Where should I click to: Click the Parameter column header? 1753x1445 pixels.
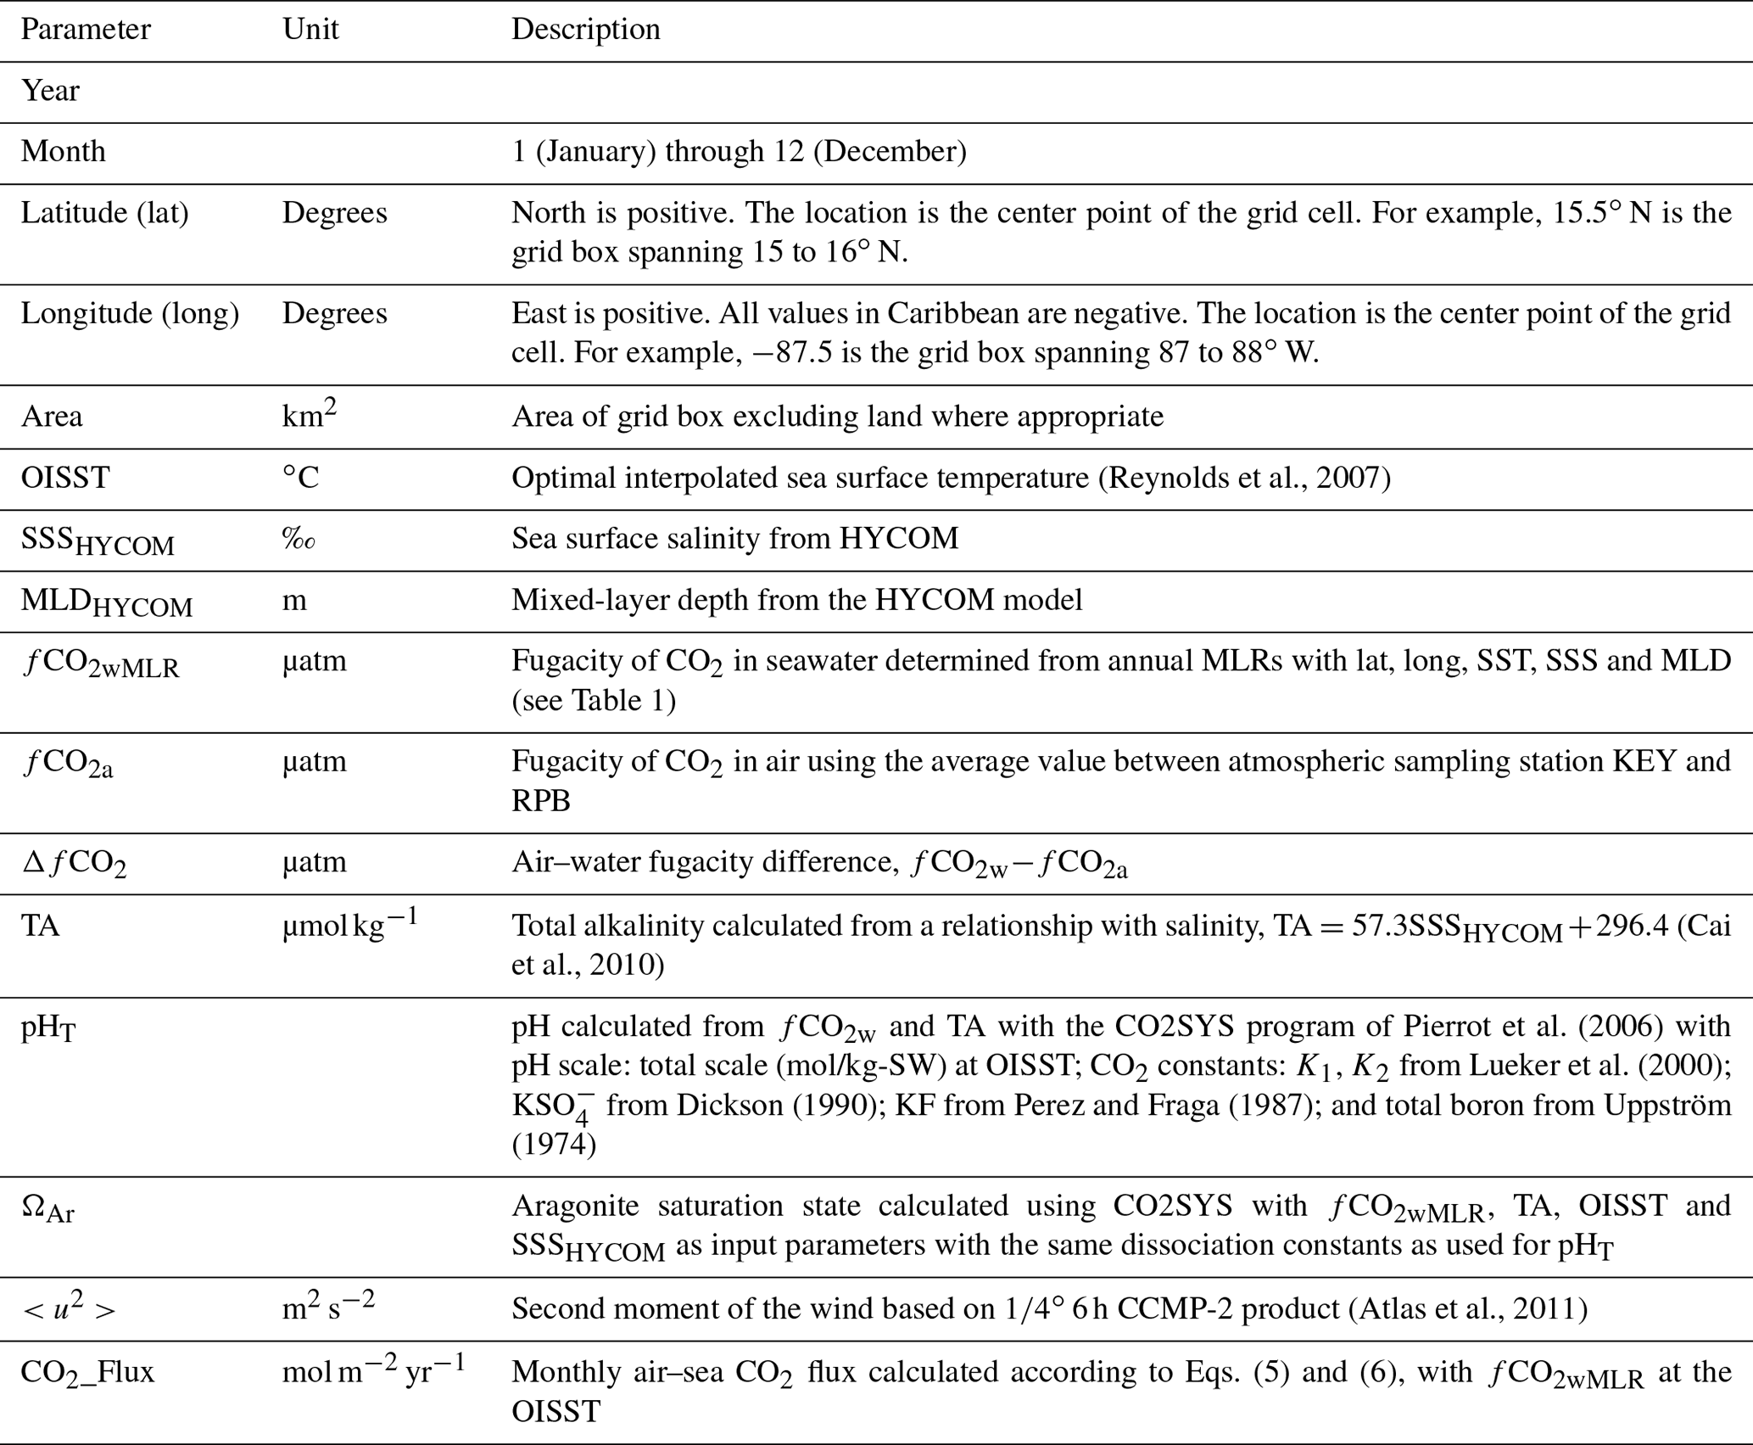pos(86,30)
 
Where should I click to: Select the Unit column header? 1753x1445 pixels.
pos(310,30)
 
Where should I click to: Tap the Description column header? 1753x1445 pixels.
pos(585,30)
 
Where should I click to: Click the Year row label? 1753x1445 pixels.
pos(50,91)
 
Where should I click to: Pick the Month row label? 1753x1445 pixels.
pos(64,152)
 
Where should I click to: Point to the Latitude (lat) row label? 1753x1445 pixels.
pos(104,213)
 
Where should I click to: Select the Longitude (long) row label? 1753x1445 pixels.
pos(130,314)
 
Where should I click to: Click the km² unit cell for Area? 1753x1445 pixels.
pos(309,415)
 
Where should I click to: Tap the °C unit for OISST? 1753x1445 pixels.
pos(300,478)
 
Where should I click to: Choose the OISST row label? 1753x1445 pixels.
pos(65,478)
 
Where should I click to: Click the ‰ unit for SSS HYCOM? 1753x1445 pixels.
pos(299,540)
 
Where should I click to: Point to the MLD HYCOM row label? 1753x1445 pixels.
pos(107,602)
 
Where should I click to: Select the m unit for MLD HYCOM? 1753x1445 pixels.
pos(294,601)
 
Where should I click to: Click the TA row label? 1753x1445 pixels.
pos(40,926)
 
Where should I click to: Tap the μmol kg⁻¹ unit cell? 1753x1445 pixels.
pos(349,924)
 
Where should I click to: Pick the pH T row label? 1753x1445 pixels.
pos(48,1028)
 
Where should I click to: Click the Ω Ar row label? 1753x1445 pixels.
pos(47,1208)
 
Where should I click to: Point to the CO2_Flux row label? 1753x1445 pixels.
pos(87,1372)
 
